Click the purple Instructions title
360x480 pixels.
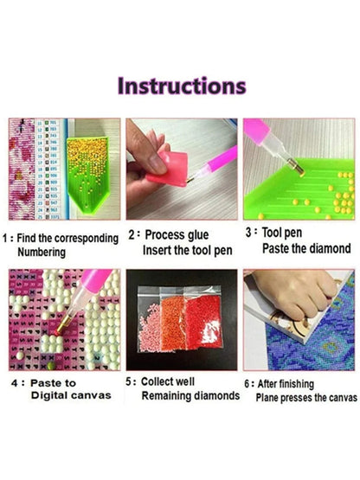pyautogui.click(x=182, y=86)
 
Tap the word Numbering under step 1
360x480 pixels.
pyautogui.click(x=42, y=253)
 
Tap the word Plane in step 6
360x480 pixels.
pyautogui.click(x=267, y=398)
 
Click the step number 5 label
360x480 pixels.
pyautogui.click(x=129, y=381)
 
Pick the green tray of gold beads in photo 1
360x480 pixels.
pyautogui.click(x=87, y=175)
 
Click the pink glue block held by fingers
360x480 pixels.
pyautogui.click(x=169, y=169)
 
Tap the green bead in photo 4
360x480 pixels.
pyautogui.click(x=51, y=366)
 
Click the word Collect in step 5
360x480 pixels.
pyautogui.click(x=154, y=381)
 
